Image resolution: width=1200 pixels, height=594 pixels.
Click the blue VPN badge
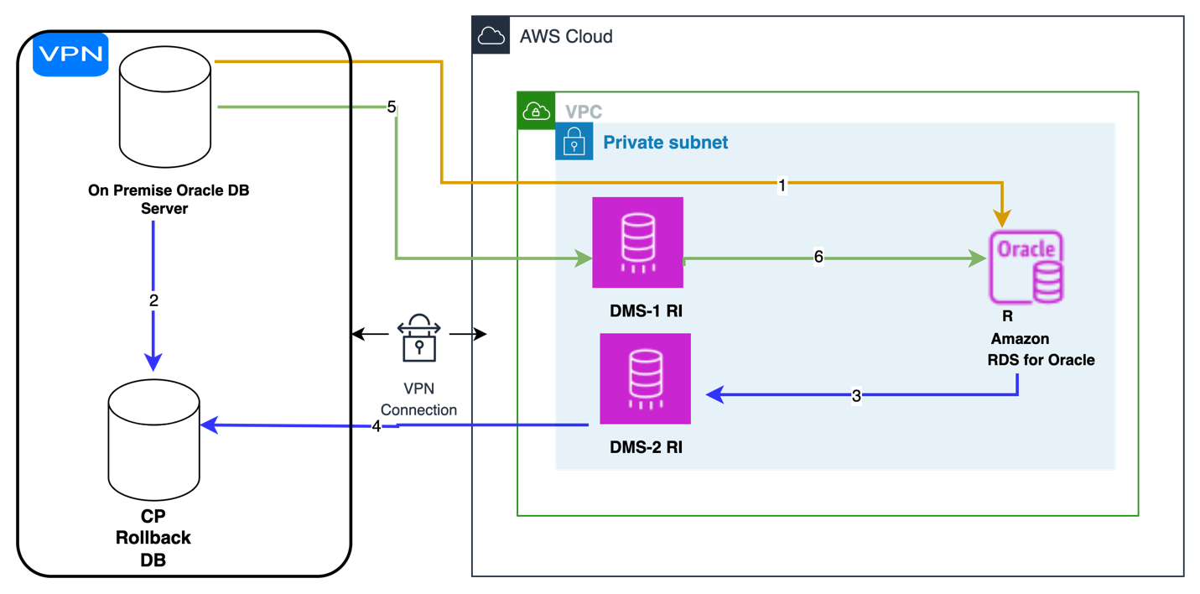tap(70, 55)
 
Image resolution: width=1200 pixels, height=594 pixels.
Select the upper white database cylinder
tap(164, 107)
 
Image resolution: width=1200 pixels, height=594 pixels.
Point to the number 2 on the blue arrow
tap(154, 301)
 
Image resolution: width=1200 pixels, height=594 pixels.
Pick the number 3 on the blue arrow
tap(856, 396)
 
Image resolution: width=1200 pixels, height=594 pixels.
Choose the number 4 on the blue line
tap(376, 426)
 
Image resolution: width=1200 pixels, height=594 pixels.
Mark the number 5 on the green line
tap(391, 107)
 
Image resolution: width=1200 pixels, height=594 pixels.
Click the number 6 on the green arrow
tap(818, 258)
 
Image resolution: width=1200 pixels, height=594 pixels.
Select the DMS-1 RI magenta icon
tap(637, 242)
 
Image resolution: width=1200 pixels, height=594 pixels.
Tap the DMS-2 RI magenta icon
tap(646, 378)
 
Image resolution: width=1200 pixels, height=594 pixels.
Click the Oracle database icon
tap(1026, 267)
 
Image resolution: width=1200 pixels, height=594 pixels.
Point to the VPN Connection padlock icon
tap(418, 337)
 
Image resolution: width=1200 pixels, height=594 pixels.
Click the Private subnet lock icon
tap(574, 141)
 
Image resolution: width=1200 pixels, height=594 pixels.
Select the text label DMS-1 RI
tap(646, 311)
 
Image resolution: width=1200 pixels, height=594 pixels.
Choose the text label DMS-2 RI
tap(646, 447)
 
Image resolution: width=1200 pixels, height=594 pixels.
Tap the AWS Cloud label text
tap(566, 36)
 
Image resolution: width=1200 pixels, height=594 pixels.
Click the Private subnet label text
tap(666, 143)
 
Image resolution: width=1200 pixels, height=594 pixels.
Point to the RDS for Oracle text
tap(1042, 360)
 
